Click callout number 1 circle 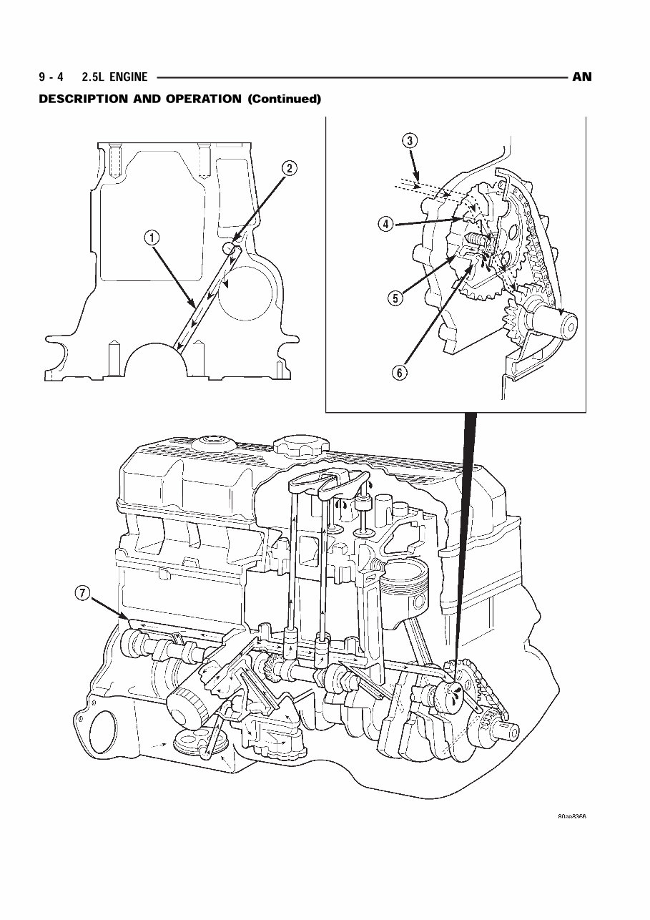point(152,238)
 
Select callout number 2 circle point(288,169)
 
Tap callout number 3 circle point(409,141)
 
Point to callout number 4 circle point(385,224)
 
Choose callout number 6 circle point(401,373)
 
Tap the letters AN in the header point(582,77)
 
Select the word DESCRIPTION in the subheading point(84,99)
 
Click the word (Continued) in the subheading point(284,99)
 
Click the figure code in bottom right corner point(571,817)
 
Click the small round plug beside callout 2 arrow point(229,248)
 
